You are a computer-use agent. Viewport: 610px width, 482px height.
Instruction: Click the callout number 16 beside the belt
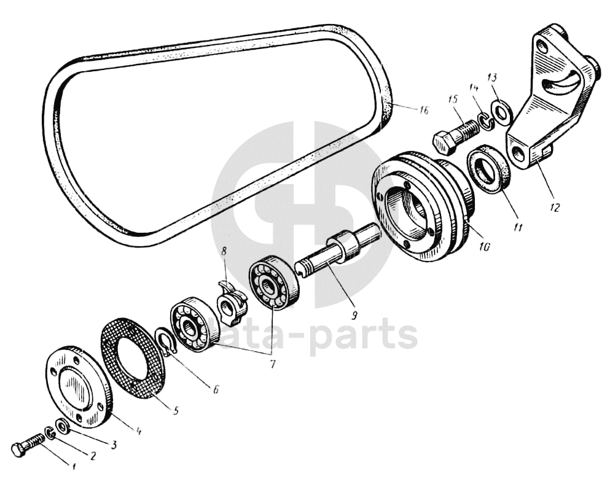click(x=423, y=110)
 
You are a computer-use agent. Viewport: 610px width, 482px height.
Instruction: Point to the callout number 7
click(x=272, y=364)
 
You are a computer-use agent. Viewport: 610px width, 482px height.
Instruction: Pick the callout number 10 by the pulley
click(x=484, y=247)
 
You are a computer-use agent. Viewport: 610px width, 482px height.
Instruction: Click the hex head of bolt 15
click(x=444, y=143)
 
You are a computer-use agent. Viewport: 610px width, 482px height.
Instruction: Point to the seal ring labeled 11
click(x=490, y=169)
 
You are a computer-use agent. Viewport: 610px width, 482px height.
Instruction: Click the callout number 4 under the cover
click(x=138, y=431)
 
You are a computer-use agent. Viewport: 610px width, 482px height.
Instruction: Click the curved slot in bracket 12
click(x=563, y=84)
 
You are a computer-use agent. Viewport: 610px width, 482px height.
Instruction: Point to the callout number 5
click(x=176, y=410)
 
